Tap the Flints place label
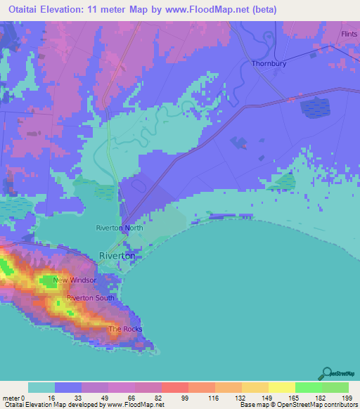coord(349,34)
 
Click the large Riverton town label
coord(117,256)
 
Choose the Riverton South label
coord(90,298)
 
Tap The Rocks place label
coord(125,329)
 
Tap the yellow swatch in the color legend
coord(281,387)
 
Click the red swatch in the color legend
coord(174,387)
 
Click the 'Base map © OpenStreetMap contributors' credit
coord(297,405)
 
